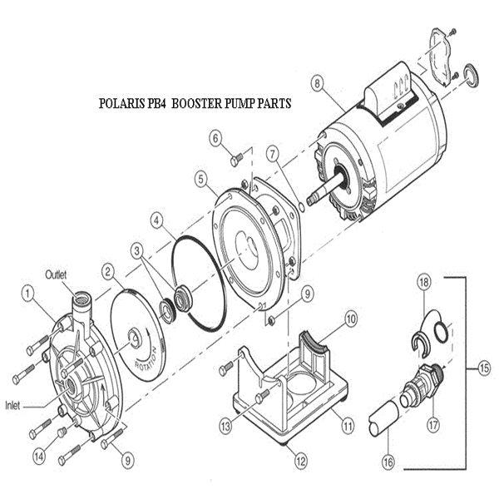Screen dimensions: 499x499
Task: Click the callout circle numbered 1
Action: [x=28, y=292]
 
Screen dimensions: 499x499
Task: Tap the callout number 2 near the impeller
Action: [x=109, y=269]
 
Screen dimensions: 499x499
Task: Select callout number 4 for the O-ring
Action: [x=156, y=220]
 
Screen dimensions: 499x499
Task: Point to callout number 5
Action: [x=200, y=177]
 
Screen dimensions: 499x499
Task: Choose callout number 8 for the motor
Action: [x=316, y=82]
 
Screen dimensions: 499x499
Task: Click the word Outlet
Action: [x=57, y=273]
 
